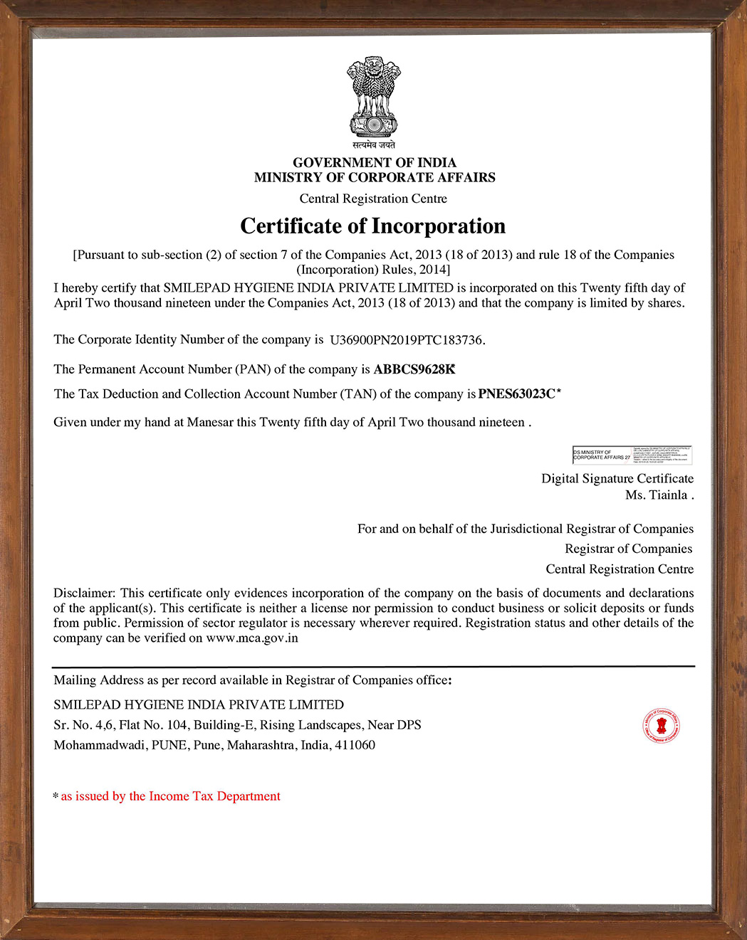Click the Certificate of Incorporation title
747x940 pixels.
(372, 226)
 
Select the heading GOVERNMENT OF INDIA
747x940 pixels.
(375, 162)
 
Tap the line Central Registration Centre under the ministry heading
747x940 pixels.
(373, 199)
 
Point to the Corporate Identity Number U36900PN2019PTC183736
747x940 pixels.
(407, 340)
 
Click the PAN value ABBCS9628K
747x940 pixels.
(414, 369)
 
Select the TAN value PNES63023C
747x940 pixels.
(517, 394)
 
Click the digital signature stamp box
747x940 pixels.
(632, 455)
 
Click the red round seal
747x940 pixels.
(662, 726)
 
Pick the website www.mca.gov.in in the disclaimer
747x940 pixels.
(252, 638)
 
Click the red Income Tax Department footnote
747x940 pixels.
(170, 796)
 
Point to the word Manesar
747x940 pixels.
(210, 423)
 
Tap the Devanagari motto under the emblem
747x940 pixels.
(374, 145)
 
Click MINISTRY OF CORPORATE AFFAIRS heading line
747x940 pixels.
(375, 177)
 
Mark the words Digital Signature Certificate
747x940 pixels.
(617, 479)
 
